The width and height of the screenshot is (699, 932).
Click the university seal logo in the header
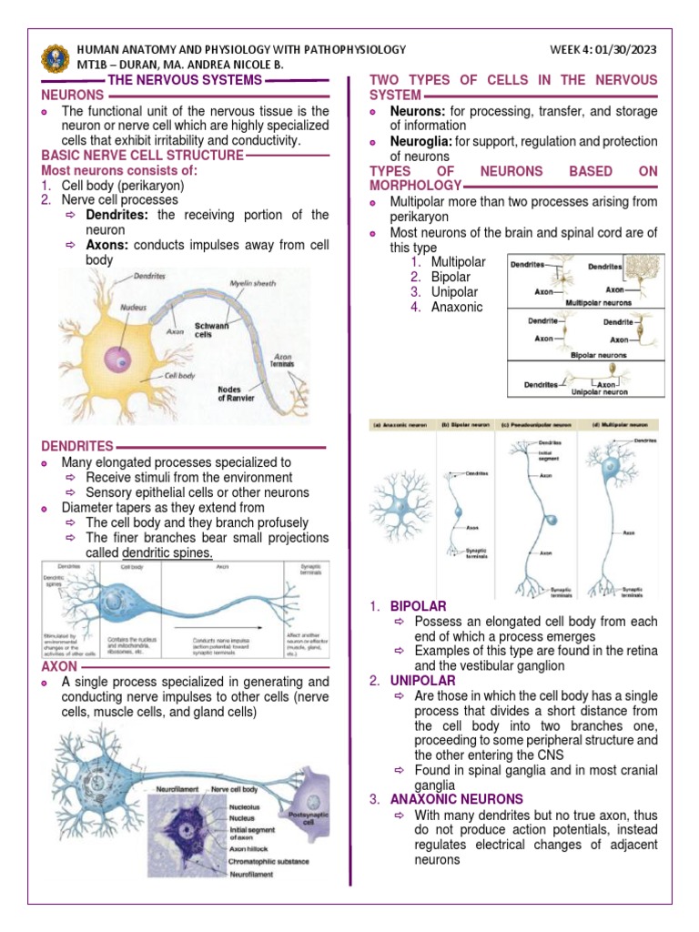click(55, 57)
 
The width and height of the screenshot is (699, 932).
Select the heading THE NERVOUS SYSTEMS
click(185, 80)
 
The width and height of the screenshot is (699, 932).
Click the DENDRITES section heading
click(77, 446)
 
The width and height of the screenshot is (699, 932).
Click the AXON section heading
click(60, 666)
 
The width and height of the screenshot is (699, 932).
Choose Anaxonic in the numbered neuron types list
click(457, 307)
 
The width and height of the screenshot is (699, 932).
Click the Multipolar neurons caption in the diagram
click(602, 301)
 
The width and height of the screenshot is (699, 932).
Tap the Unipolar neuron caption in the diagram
click(598, 392)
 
